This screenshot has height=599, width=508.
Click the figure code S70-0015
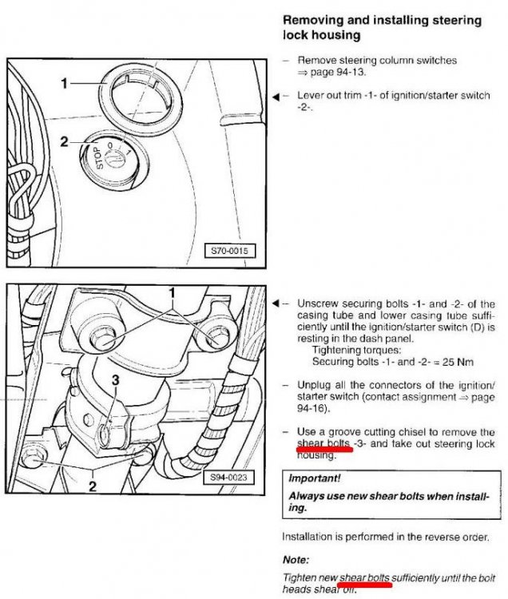(229, 251)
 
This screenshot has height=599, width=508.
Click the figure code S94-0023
(228, 477)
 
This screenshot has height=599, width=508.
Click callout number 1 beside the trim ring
(65, 83)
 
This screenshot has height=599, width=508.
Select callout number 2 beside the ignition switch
(64, 141)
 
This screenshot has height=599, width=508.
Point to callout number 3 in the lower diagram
(115, 380)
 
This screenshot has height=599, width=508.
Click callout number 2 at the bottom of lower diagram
(93, 486)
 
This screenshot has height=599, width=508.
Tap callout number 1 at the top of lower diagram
(172, 293)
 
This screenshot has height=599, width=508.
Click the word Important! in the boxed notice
(315, 478)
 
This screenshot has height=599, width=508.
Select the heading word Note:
(296, 560)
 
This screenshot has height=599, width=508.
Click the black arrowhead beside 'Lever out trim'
(276, 97)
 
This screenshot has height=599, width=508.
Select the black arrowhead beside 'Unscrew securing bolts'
(276, 304)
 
